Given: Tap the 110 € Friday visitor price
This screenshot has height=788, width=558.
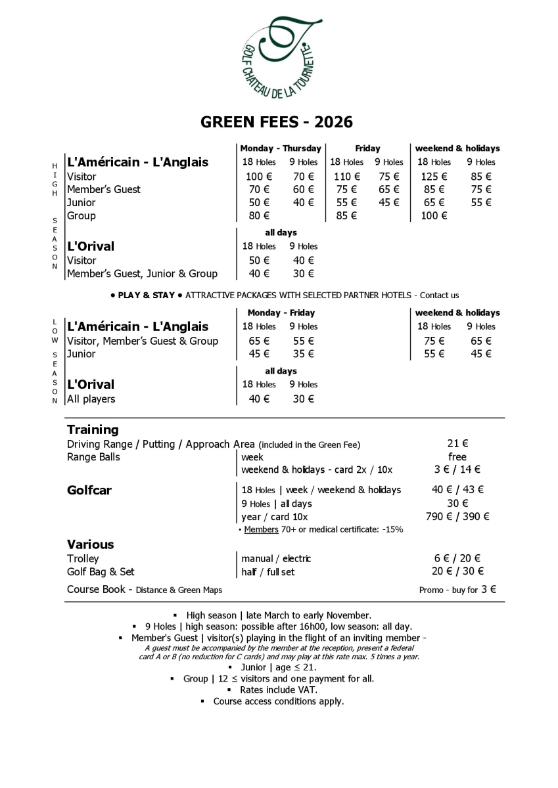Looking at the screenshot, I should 347,177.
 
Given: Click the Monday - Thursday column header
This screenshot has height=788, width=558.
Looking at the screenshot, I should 281,148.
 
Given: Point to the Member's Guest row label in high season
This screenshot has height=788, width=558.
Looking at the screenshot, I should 104,190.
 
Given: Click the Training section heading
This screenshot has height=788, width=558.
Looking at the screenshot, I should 93,430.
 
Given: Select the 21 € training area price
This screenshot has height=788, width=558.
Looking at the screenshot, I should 457,445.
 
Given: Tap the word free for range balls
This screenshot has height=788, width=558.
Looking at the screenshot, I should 457,457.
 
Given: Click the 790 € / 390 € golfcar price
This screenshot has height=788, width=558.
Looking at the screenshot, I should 457,516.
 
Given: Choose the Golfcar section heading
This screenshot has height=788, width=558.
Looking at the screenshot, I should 89,490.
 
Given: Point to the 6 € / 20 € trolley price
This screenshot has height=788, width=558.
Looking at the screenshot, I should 457,558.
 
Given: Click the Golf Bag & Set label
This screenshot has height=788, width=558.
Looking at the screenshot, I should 101,571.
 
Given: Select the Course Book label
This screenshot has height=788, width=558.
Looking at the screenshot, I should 97,590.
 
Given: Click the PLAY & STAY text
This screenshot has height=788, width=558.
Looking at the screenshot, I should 146,295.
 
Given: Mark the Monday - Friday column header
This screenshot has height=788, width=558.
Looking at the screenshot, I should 281,313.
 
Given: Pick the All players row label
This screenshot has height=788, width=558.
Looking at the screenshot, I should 91,399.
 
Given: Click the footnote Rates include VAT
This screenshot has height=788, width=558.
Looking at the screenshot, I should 278,689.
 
